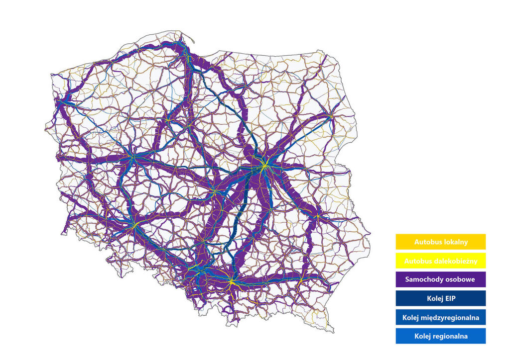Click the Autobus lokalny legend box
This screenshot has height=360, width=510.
(440, 242)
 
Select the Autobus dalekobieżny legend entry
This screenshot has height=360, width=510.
(440, 261)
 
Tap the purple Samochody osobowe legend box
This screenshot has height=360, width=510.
(440, 279)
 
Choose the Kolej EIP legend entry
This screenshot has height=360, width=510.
(440, 298)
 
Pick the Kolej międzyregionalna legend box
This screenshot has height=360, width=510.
(440, 317)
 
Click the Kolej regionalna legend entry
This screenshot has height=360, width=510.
(440, 336)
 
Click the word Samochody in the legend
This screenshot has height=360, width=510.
(428, 279)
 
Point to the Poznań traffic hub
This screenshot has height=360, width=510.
(132, 157)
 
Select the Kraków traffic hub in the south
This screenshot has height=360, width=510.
(231, 281)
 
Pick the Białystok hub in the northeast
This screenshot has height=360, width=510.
(330, 116)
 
